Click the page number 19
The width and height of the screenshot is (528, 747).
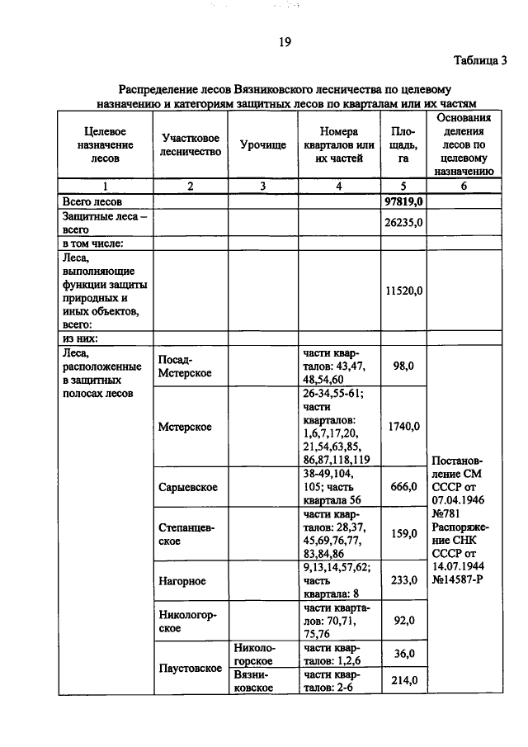click(x=284, y=43)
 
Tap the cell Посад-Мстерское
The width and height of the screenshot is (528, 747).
click(x=185, y=366)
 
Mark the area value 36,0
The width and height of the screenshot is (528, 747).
click(x=403, y=654)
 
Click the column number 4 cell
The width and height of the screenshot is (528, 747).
click(x=338, y=187)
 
